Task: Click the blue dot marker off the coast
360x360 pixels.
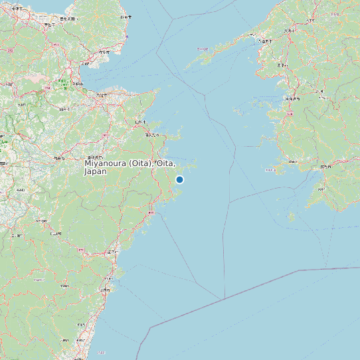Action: pos(179,179)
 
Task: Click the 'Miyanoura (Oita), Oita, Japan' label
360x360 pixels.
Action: pos(130,167)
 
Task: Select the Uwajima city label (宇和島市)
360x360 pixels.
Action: pos(325,166)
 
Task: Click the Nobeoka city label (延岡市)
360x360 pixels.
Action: pos(113,253)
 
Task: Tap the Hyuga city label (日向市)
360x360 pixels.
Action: pos(105,290)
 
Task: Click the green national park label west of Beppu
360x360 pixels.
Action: pos(62,83)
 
